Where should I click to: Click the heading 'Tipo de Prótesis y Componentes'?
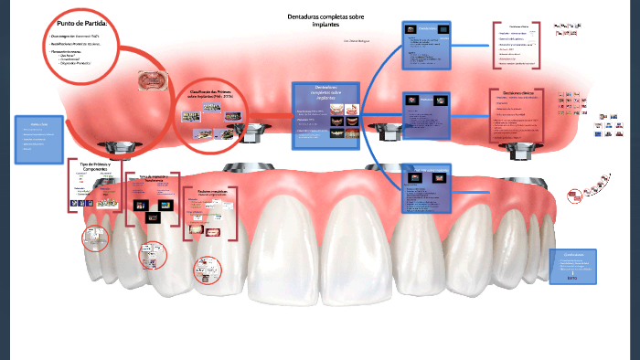94,166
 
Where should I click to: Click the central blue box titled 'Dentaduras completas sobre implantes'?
325,115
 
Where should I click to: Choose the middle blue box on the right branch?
428,117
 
